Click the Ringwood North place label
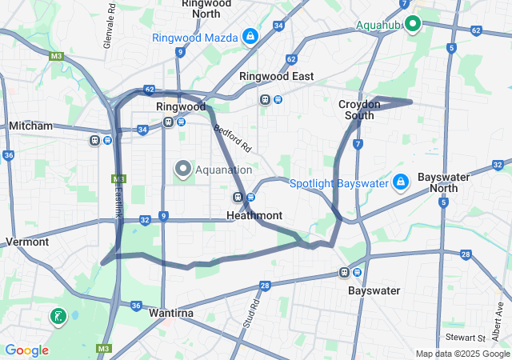tap(206, 8)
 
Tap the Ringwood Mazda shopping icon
tap(250, 37)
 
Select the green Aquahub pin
tap(413, 24)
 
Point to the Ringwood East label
tap(277, 76)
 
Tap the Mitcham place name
tap(30, 126)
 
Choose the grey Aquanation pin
tap(182, 169)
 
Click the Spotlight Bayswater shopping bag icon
tap(401, 183)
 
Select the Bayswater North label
tap(438, 182)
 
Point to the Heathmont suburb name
tap(254, 215)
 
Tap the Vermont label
tap(27, 242)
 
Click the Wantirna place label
tap(171, 313)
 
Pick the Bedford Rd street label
tap(233, 138)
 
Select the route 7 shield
tap(358, 143)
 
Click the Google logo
tap(26, 350)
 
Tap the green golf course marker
tap(58, 317)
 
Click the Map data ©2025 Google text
tap(462, 354)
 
